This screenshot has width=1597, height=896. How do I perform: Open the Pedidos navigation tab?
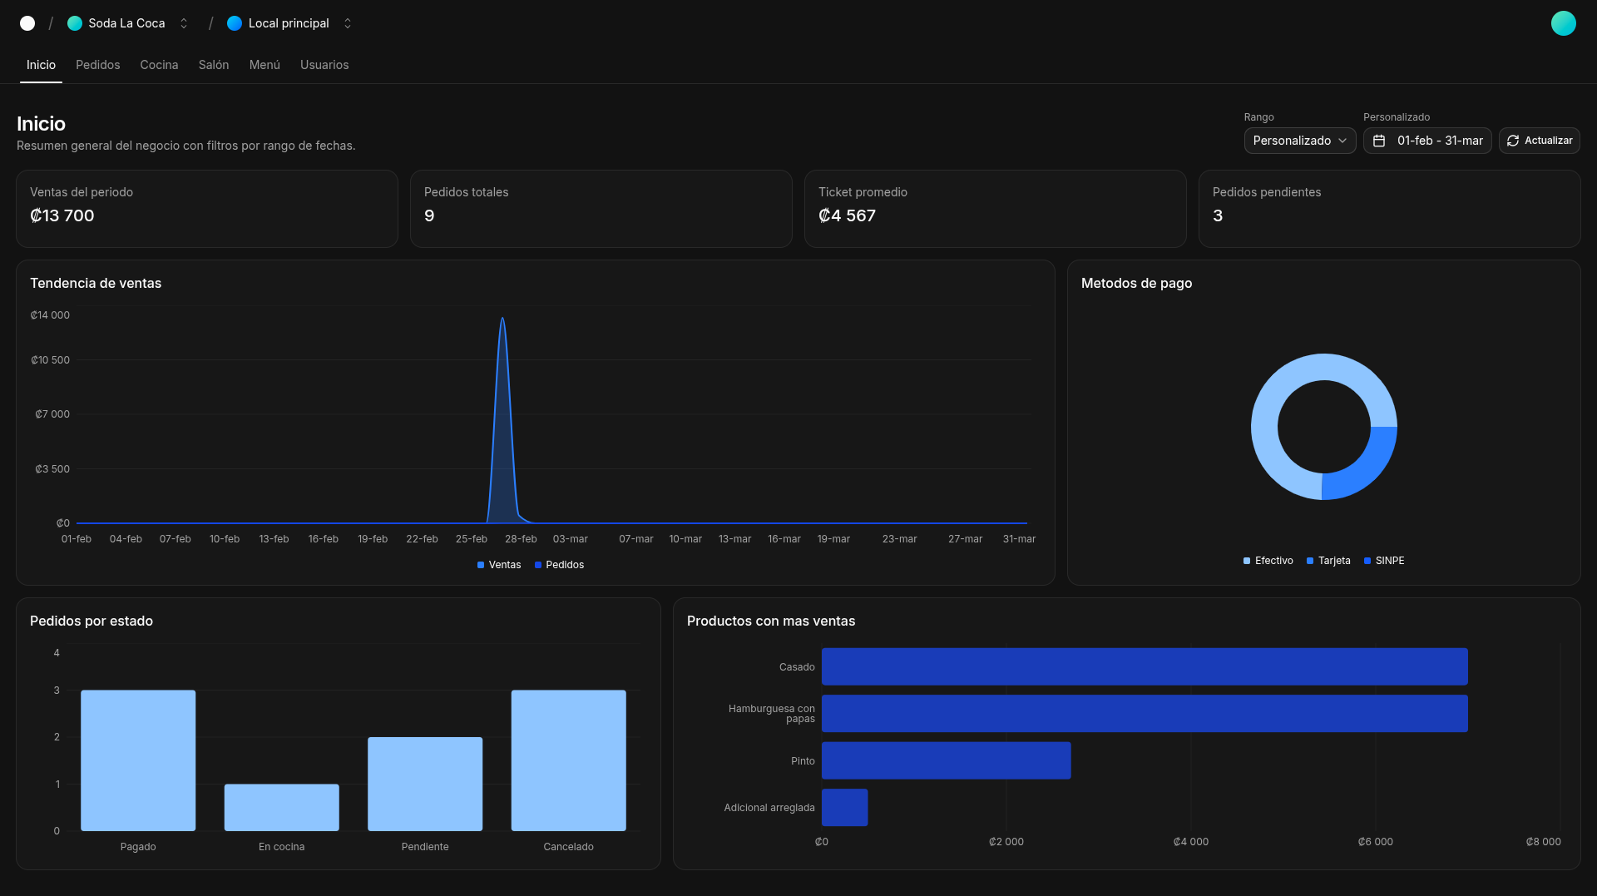pos(97,65)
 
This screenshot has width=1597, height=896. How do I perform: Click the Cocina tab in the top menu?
pos(159,65)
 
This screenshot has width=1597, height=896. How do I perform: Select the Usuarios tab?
pos(324,65)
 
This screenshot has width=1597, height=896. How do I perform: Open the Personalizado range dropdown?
pos(1299,141)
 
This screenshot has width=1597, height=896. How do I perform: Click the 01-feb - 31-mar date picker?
pos(1427,141)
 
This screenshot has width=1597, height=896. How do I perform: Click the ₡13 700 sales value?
pos(62,215)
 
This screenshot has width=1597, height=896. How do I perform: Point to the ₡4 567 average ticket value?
pos(847,215)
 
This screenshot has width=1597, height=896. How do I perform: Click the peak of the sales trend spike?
pos(502,319)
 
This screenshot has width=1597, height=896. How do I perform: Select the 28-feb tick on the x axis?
pos(521,539)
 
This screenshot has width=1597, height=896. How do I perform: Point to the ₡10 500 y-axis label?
pos(50,360)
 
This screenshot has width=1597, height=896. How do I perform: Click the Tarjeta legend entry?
pos(1328,561)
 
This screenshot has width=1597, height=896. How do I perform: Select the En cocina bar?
pos(281,807)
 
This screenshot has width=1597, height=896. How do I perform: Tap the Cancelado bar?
pos(568,760)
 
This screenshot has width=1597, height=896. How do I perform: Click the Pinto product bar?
pos(946,760)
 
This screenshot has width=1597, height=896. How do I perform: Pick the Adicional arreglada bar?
pos(844,807)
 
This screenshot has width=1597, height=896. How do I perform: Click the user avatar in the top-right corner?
pos(1563,23)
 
